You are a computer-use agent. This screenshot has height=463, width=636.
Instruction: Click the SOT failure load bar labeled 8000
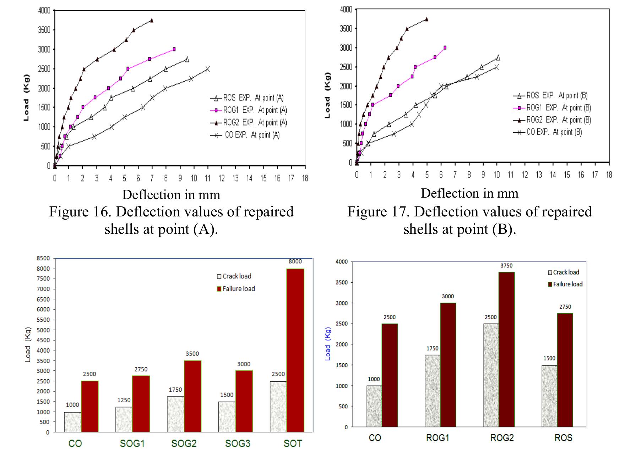click(295, 350)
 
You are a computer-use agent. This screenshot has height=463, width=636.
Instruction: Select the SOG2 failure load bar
click(192, 396)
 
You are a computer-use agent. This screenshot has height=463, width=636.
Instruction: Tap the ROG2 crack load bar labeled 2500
click(491, 375)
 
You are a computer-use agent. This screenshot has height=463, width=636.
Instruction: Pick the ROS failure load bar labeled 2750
click(565, 370)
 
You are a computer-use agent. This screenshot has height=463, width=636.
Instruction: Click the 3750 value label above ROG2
click(506, 265)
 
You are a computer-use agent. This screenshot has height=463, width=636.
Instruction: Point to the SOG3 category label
click(238, 443)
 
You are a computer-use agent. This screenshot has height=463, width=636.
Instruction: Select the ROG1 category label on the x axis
click(437, 438)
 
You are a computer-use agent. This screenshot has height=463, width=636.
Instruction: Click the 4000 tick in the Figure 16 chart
click(44, 11)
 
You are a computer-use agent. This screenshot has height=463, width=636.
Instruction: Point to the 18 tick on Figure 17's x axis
click(609, 175)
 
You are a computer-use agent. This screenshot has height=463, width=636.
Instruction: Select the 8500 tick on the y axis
click(43, 258)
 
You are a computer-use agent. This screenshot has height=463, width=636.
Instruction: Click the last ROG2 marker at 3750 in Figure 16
click(152, 20)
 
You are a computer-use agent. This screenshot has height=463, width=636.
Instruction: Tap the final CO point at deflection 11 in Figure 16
click(207, 69)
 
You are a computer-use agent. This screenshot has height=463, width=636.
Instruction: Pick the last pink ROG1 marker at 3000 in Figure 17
click(445, 48)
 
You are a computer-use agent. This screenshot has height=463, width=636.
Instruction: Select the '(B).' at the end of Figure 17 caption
click(504, 229)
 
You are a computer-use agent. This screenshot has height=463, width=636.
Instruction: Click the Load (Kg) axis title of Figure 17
click(327, 95)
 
